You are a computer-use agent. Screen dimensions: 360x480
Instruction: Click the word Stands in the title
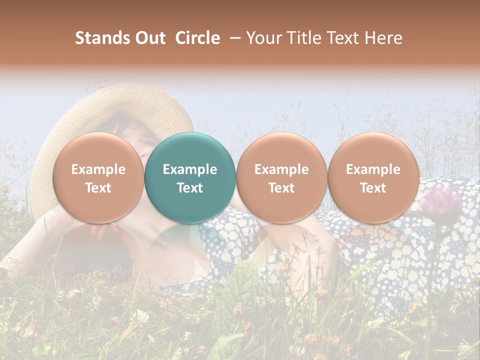[x=100, y=38]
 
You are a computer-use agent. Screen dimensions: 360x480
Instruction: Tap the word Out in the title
[x=149, y=38]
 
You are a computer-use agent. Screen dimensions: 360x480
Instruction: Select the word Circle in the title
[x=197, y=38]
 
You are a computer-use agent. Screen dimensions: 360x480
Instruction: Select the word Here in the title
[x=383, y=38]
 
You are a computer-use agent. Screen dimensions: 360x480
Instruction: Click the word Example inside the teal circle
[x=190, y=169]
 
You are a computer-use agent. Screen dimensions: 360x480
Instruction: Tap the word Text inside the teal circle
[x=190, y=188]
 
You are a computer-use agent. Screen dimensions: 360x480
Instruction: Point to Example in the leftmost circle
[x=98, y=169]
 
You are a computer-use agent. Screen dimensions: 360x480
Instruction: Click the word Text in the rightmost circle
[x=373, y=188]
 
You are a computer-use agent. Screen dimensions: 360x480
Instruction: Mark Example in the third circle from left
[x=281, y=169]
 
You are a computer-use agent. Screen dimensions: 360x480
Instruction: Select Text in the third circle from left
[x=281, y=188]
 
